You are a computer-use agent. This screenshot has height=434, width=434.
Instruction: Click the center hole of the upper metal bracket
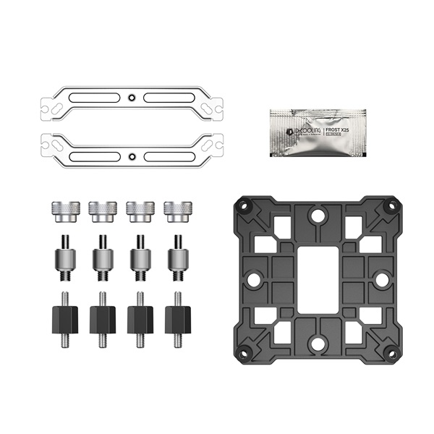[130, 97]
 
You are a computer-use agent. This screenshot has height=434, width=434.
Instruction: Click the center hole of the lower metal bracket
[130, 156]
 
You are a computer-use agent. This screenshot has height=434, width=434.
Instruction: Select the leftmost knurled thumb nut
[64, 210]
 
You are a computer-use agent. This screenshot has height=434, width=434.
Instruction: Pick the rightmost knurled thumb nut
[176, 210]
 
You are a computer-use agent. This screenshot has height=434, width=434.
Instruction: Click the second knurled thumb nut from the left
[102, 210]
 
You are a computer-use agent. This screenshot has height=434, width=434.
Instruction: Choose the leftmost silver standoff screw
[64, 258]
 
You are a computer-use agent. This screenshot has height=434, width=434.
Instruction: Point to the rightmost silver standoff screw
[176, 258]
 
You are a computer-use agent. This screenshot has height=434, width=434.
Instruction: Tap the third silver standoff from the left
[140, 258]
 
